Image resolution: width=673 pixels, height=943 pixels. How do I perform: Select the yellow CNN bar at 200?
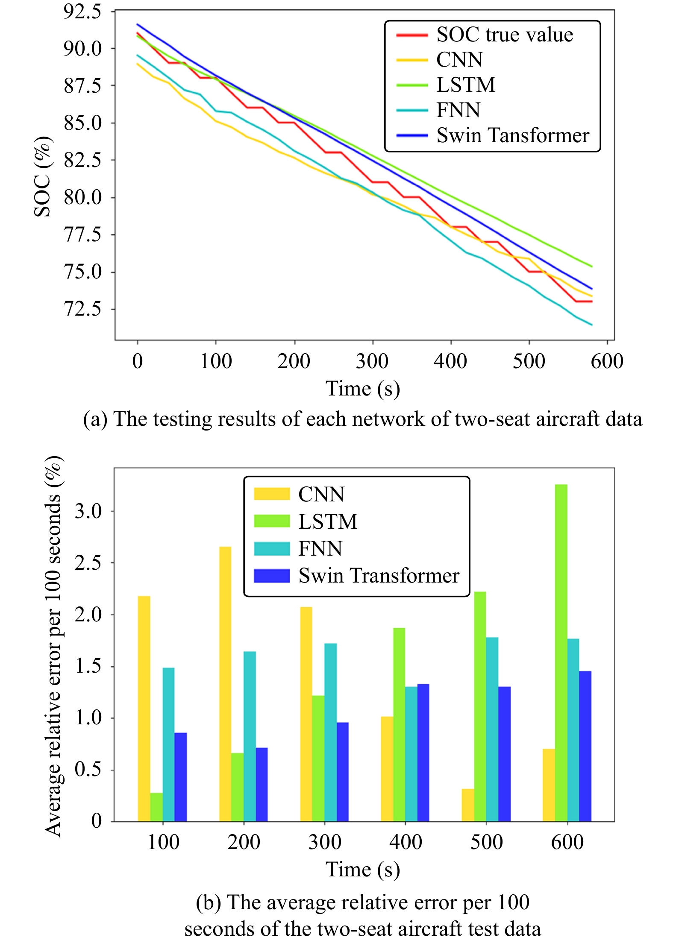(225, 683)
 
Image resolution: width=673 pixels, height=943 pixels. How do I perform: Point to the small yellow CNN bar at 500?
(468, 805)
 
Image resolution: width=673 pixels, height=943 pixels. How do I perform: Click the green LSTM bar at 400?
(399, 724)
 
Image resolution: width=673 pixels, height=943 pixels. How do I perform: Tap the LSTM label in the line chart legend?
(466, 85)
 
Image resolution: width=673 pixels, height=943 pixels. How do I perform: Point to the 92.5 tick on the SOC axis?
(82, 12)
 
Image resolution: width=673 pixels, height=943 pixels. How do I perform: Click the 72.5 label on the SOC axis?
(82, 309)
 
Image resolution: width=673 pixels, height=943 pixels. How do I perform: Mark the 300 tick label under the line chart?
(372, 361)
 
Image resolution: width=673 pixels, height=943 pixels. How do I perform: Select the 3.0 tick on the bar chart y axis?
(88, 511)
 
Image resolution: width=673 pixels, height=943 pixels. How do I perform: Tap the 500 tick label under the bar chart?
(486, 842)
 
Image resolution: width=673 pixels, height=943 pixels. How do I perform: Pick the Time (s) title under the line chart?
(363, 389)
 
